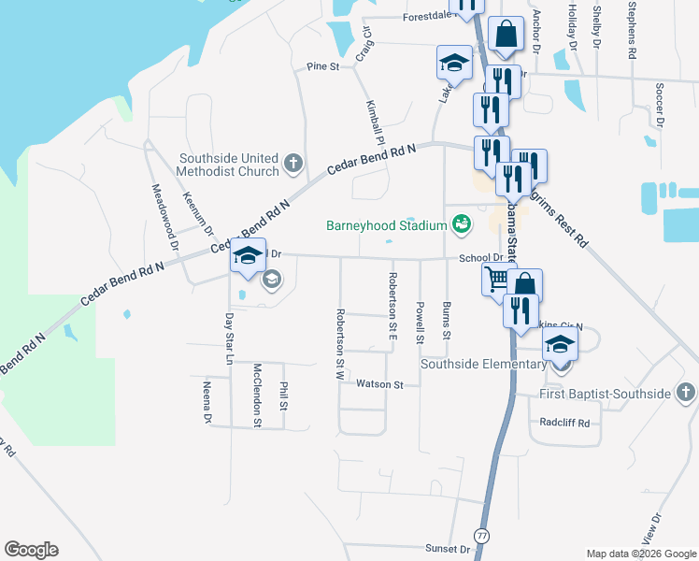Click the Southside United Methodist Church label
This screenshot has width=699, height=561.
[229, 165]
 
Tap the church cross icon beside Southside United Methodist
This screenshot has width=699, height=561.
[292, 165]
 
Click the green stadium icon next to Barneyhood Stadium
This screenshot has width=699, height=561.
[460, 224]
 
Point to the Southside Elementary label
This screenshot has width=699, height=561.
[482, 364]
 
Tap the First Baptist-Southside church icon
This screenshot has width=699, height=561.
[685, 394]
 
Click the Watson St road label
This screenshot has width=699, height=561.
[379, 384]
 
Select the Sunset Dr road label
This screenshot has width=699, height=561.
[448, 549]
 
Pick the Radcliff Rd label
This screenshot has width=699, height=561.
[565, 423]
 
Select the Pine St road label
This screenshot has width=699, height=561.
[322, 66]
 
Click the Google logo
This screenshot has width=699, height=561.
[31, 550]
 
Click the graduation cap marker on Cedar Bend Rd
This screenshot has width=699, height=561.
[248, 255]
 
